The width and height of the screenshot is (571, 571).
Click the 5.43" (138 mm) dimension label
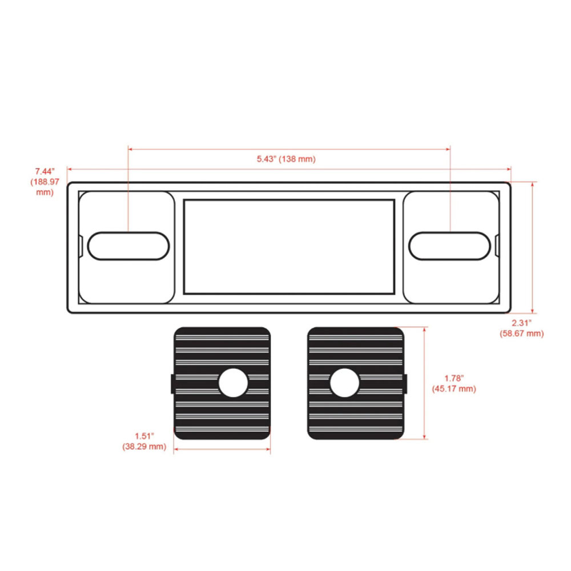pyautogui.click(x=286, y=159)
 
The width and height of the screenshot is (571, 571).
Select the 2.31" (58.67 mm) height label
pyautogui.click(x=521, y=328)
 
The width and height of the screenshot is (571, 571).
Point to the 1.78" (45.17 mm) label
pyautogui.click(x=454, y=384)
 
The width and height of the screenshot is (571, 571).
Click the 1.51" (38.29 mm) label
pyautogui.click(x=144, y=441)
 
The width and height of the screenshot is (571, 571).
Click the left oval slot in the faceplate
pyautogui.click(x=128, y=246)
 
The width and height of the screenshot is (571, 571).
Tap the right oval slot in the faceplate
pyautogui.click(x=450, y=246)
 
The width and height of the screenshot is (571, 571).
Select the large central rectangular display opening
pyautogui.click(x=289, y=247)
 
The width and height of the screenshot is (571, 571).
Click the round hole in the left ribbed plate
pyautogui.click(x=233, y=383)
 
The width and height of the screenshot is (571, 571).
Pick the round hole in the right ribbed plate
pyautogui.click(x=344, y=383)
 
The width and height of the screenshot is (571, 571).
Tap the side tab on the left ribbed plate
pyautogui.click(x=172, y=384)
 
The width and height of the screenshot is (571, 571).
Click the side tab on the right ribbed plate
pyautogui.click(x=405, y=384)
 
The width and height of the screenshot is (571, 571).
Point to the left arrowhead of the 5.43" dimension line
pyautogui.click(x=130, y=149)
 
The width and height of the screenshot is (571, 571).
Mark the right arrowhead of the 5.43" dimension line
pyautogui.click(x=448, y=149)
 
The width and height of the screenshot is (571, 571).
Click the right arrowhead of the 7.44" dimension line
pyautogui.click(x=509, y=169)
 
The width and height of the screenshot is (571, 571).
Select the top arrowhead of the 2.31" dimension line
pyautogui.click(x=532, y=184)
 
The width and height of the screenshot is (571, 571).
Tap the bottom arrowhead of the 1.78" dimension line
pyautogui.click(x=424, y=437)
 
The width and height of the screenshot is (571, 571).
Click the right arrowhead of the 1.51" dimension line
pyautogui.click(x=268, y=449)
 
